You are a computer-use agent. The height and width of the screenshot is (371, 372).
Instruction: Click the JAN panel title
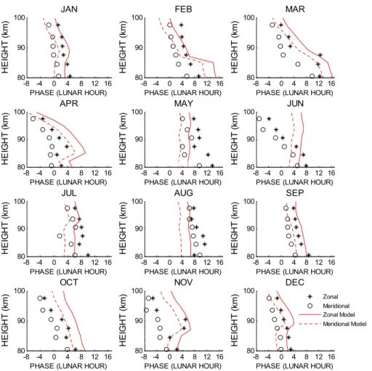click(x=69, y=9)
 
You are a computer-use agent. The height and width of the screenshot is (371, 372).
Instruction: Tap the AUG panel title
click(x=184, y=193)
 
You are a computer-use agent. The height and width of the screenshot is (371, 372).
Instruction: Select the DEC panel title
click(x=295, y=282)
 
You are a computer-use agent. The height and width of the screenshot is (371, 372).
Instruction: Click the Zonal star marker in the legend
click(x=310, y=297)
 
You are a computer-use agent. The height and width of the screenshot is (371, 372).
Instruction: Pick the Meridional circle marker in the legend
click(x=310, y=306)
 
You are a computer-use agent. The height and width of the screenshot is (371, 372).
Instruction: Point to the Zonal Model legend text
click(x=339, y=314)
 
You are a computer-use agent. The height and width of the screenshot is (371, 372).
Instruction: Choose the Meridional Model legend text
click(x=344, y=324)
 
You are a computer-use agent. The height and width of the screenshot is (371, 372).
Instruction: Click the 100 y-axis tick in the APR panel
click(x=20, y=112)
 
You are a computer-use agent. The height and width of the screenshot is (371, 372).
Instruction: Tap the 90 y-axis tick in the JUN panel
click(x=251, y=139)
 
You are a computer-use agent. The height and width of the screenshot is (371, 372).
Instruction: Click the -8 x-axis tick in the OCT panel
click(x=26, y=357)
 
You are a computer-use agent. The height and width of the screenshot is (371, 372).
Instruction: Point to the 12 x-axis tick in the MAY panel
click(x=207, y=173)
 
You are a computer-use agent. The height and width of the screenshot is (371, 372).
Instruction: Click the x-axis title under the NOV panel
click(x=183, y=366)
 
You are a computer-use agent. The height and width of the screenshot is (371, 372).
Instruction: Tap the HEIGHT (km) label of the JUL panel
click(x=5, y=228)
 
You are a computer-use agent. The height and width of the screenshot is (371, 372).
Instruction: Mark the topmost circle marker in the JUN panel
click(x=259, y=119)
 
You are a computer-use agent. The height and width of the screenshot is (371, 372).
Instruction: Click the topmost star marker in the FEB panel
click(x=181, y=25)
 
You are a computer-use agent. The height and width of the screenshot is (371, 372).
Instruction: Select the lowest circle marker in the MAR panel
click(x=312, y=76)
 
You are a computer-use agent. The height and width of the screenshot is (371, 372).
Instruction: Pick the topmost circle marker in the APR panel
click(x=33, y=119)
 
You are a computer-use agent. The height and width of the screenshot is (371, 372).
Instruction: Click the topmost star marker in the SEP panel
click(x=294, y=208)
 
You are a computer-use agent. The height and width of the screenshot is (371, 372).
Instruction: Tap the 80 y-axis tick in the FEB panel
click(x=139, y=78)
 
